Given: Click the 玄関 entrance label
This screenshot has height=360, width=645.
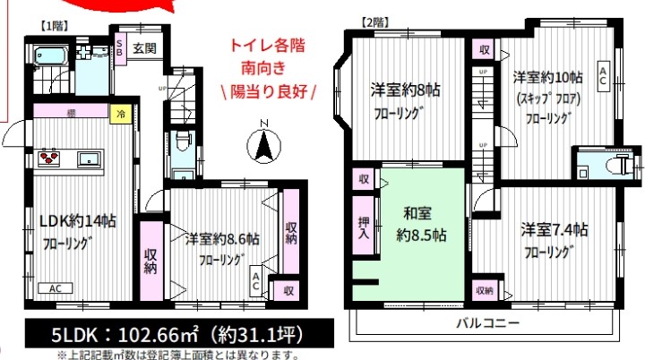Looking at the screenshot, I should (x=144, y=49).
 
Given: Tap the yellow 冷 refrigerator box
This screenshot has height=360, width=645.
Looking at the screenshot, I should (x=119, y=114).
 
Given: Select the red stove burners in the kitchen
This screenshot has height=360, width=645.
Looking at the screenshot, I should (x=48, y=159).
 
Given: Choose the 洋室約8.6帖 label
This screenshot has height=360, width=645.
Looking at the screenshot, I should (x=222, y=239).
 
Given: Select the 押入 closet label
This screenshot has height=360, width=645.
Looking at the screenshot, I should (x=363, y=228).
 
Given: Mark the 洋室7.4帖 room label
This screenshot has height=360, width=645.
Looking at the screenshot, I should (x=553, y=229).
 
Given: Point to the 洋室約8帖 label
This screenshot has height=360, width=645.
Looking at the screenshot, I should (x=407, y=90).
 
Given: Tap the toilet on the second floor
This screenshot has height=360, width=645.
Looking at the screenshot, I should (x=616, y=164).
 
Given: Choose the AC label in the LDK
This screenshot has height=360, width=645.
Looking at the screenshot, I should (x=54, y=288).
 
